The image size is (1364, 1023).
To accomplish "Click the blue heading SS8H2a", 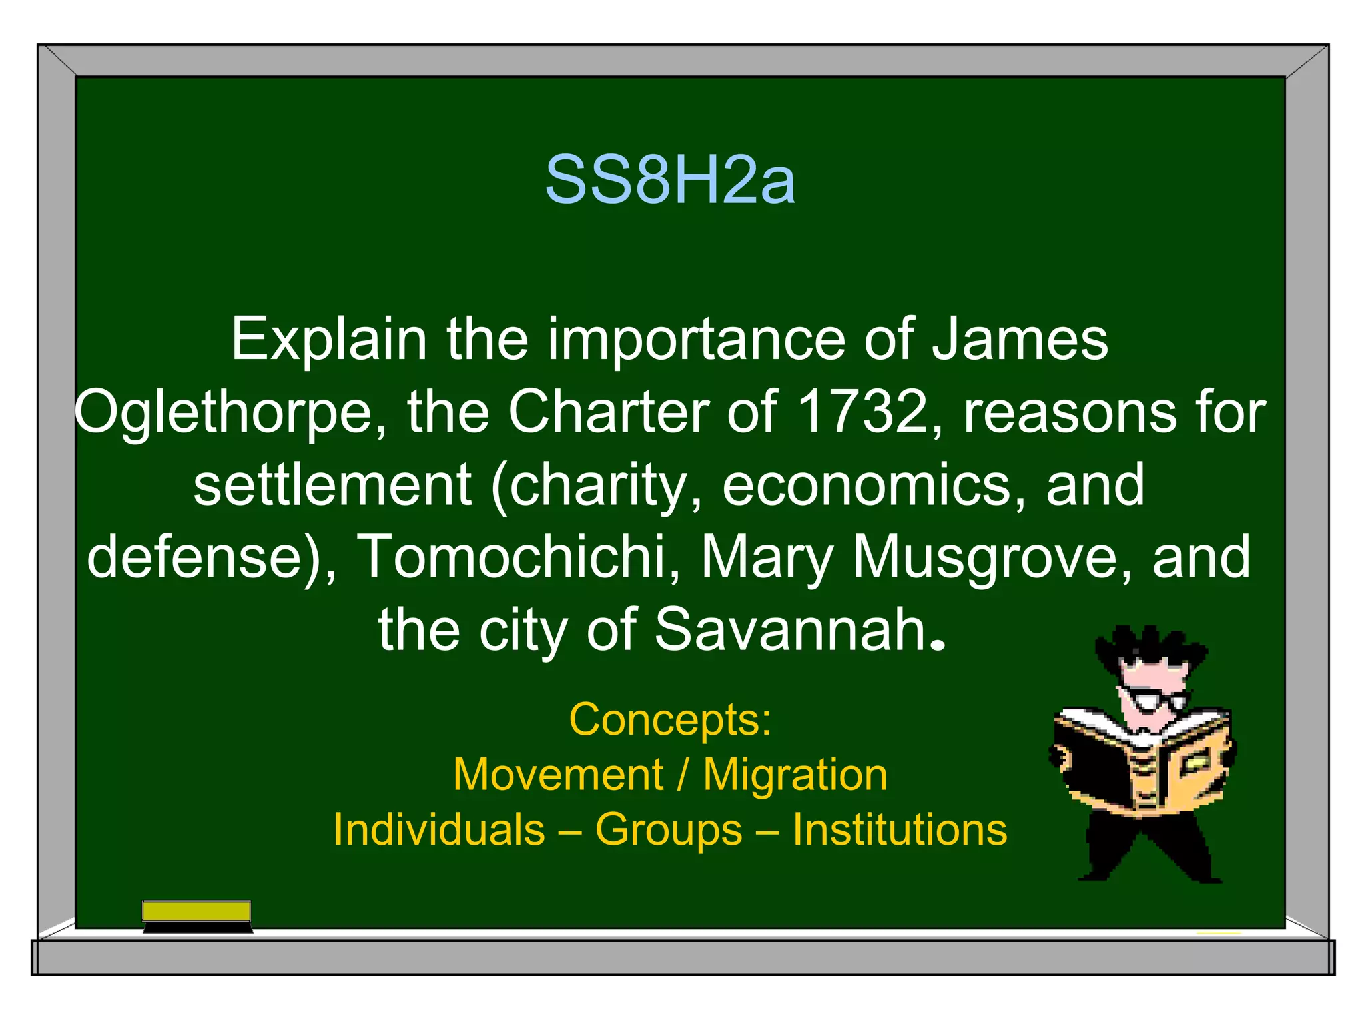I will coord(670,180).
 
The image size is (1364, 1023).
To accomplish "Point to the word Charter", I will coord(609,412).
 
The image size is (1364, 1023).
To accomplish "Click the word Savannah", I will coord(791,629).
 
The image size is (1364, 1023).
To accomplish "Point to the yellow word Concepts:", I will coord(670,720).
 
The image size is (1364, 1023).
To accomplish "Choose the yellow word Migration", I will coord(795,775).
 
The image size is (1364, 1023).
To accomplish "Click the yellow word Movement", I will coord(558,775).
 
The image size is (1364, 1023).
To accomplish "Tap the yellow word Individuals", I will coord(439,830).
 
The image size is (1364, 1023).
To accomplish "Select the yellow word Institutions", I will coord(899,830).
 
